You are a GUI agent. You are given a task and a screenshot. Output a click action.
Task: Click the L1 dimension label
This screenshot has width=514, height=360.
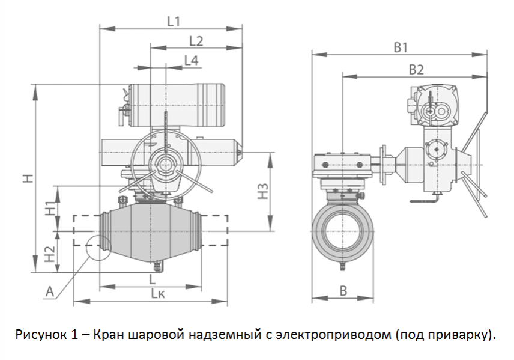[x=173, y=22]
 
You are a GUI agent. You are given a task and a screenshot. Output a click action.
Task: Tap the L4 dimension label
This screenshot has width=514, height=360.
[x=191, y=60]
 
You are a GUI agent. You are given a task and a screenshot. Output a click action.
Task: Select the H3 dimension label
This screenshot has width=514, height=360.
[x=262, y=191]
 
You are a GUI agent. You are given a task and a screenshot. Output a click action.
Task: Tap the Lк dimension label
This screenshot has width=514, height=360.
[x=158, y=293]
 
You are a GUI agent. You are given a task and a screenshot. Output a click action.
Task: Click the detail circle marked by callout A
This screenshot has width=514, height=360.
[x=97, y=248]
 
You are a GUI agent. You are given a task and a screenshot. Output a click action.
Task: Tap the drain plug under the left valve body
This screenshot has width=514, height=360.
[x=159, y=266]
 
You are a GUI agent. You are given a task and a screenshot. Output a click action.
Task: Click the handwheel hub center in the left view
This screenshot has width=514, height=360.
[x=163, y=163]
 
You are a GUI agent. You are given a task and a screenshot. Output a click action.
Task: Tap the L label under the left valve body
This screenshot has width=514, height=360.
[x=152, y=279]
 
